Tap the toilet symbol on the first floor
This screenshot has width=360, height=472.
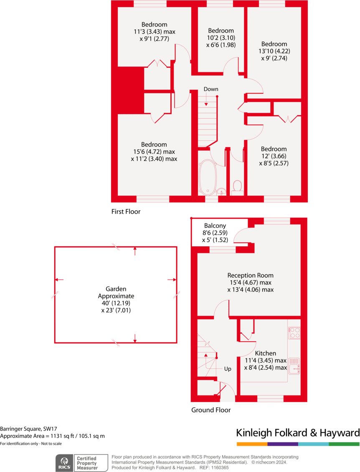click(237, 186)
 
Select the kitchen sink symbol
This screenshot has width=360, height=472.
click(294, 367)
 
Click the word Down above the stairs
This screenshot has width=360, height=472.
click(210, 89)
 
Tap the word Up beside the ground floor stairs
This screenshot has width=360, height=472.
click(228, 369)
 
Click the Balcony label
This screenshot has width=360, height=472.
click(215, 226)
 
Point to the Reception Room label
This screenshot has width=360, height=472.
click(250, 275)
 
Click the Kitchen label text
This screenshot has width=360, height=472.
click(266, 353)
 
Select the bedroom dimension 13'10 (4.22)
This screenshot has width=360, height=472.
click(274, 51)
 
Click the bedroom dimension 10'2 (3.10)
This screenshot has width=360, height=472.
click(221, 38)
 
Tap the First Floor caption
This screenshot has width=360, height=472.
click(126, 212)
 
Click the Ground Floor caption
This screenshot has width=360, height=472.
click(211, 410)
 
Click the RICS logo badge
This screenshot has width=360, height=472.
click(64, 462)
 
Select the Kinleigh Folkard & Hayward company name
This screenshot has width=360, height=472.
click(297, 433)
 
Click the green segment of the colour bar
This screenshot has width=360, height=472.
click(344, 444)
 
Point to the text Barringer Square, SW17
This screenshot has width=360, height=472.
click(28, 429)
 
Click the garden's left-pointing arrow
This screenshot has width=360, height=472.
click(59, 280)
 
